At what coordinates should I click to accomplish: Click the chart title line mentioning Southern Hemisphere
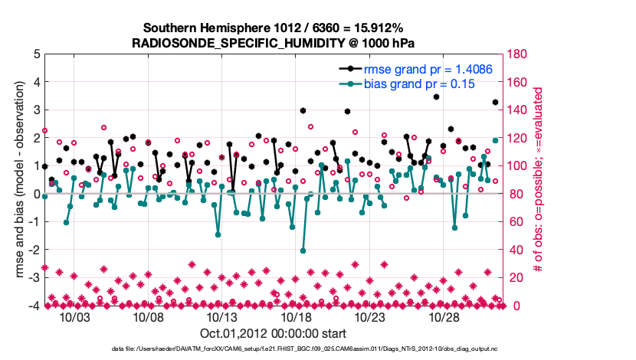(x=273, y=27)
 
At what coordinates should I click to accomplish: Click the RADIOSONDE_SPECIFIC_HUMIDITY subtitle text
(x=274, y=42)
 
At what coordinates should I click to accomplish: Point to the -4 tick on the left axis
(x=34, y=306)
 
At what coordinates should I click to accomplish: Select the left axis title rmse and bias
(x=18, y=180)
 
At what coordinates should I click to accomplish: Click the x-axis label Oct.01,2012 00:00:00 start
(x=273, y=333)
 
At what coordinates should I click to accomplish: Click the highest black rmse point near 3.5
(x=436, y=97)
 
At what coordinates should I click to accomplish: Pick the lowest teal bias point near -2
(x=303, y=250)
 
